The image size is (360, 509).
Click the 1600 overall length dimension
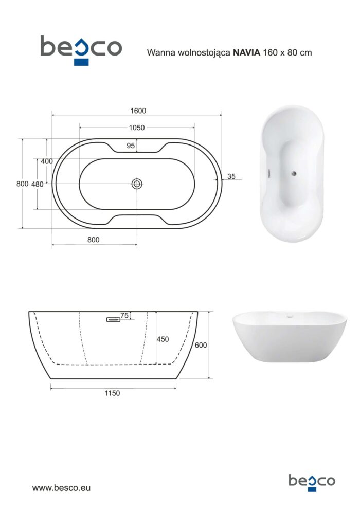tap(138, 111)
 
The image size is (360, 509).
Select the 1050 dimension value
tap(137, 128)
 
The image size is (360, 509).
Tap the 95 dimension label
tap(131, 146)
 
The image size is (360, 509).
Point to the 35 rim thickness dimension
tap(231, 176)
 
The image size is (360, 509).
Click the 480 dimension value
tap(38, 184)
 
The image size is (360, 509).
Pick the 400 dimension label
tap(47, 161)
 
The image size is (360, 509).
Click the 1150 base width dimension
tap(112, 393)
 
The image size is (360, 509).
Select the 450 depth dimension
tap(163, 339)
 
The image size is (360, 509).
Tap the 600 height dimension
tap(201, 345)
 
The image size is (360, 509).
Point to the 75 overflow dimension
tap(124, 316)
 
